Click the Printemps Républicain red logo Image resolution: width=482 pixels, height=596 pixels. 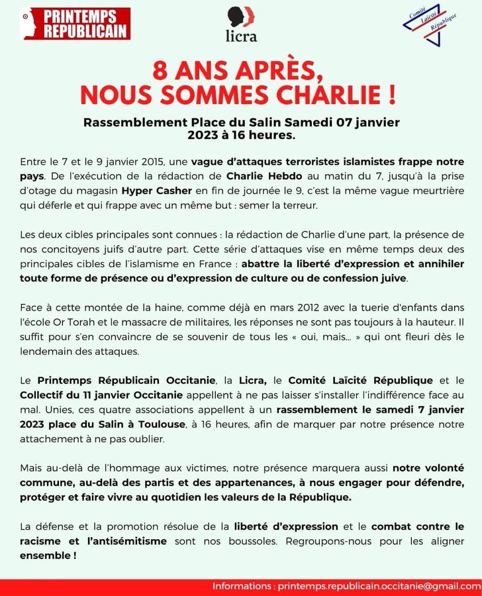(75, 24)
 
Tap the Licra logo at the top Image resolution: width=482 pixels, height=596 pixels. (241, 25)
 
